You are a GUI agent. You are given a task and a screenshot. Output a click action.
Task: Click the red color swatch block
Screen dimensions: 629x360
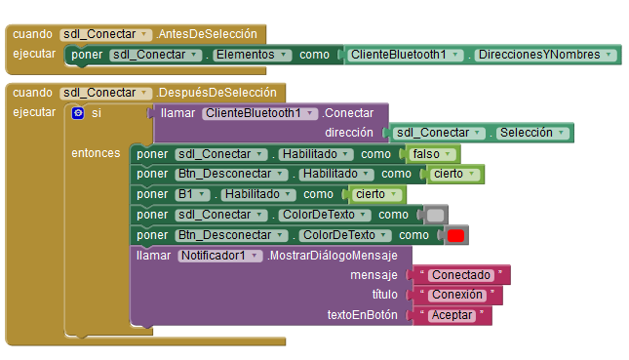tap(455, 235)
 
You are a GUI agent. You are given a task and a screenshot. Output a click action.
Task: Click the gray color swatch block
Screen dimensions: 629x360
tap(436, 215)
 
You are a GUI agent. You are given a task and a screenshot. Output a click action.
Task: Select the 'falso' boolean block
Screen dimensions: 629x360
tap(430, 153)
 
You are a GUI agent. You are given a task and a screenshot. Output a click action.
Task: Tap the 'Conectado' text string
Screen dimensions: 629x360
tap(461, 275)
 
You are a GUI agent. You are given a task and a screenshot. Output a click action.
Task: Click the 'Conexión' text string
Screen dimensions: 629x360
tap(456, 295)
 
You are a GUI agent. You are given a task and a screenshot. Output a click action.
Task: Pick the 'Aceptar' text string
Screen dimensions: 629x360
tap(453, 315)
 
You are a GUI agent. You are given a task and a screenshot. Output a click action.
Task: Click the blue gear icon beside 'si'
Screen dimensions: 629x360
tap(79, 114)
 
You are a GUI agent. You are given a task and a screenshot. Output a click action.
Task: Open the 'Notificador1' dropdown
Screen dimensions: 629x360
tap(219, 256)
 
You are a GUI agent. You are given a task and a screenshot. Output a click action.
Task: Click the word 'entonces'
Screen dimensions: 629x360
tap(96, 153)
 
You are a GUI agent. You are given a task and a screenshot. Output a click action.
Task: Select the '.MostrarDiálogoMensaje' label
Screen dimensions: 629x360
tap(332, 256)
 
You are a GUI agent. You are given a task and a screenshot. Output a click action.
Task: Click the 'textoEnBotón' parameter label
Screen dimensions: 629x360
tap(362, 315)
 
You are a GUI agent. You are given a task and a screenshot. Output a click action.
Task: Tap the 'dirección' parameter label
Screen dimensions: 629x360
tap(349, 133)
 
